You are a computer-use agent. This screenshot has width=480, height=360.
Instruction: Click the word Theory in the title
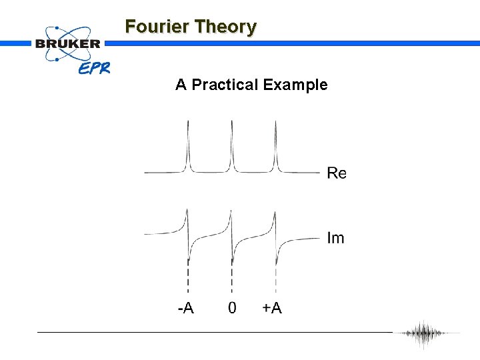[224, 27]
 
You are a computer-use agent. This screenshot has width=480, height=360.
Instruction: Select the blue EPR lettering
[94, 67]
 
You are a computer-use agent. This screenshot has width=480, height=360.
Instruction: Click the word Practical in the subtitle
[224, 85]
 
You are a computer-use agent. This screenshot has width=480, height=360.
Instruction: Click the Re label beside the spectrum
[337, 173]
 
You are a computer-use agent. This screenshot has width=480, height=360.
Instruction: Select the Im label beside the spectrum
[336, 237]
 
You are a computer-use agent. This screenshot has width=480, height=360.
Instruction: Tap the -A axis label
[186, 308]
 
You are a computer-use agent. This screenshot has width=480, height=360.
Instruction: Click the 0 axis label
[232, 308]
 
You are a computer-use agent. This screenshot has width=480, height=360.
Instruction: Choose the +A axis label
[272, 308]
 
